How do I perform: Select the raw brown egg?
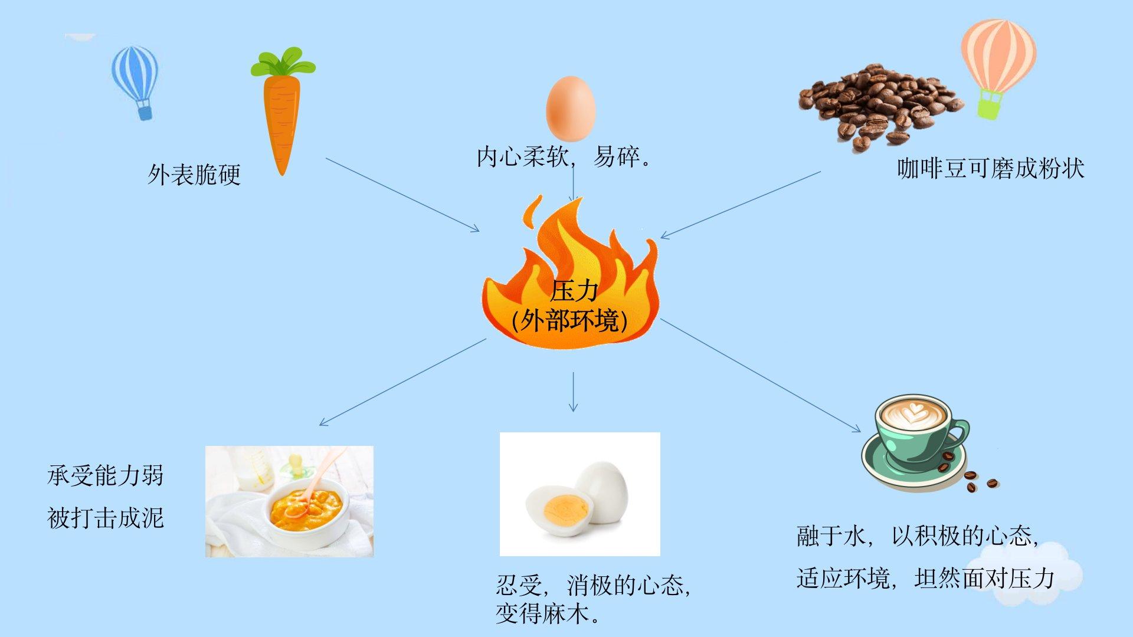pyautogui.click(x=570, y=108)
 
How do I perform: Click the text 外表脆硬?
pyautogui.click(x=194, y=175)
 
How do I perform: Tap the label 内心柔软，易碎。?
pyautogui.click(x=564, y=157)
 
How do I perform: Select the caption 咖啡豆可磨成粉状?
pyautogui.click(x=990, y=169)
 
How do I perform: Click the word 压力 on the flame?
pyautogui.click(x=574, y=291)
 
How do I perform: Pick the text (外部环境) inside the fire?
pyautogui.click(x=570, y=321)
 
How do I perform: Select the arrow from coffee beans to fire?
pyautogui.click(x=741, y=205)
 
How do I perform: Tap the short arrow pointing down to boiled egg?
pyautogui.click(x=572, y=392)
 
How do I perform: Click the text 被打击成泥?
pyautogui.click(x=105, y=518)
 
